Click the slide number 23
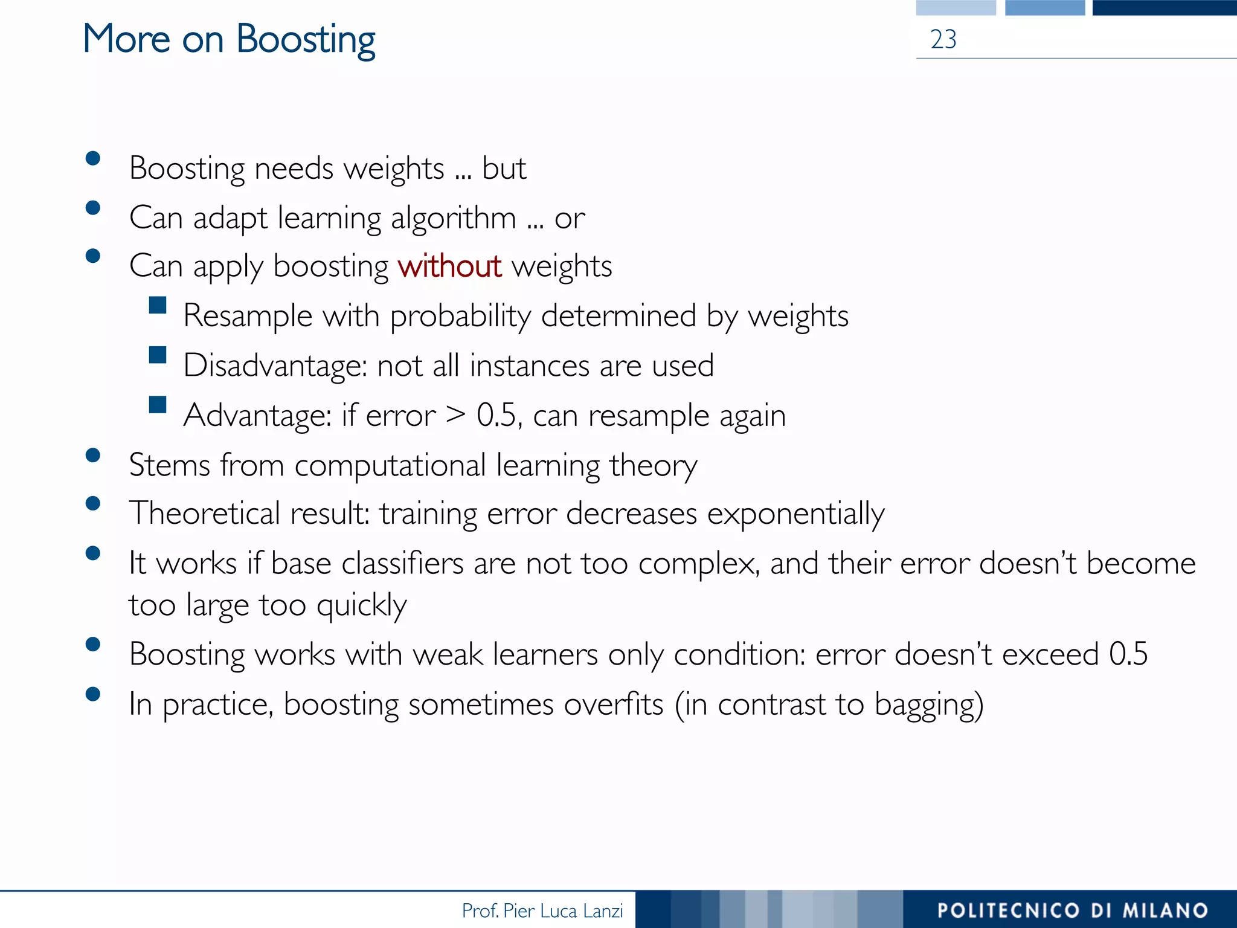(943, 40)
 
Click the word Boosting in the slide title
(305, 40)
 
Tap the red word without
(449, 266)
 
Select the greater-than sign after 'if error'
(456, 414)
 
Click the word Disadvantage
(275, 366)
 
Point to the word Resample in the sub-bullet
(248, 316)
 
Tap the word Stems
(169, 466)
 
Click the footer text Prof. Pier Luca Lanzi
(542, 910)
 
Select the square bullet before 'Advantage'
(158, 404)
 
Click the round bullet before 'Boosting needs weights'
(93, 158)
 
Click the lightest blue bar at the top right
(956, 7)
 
